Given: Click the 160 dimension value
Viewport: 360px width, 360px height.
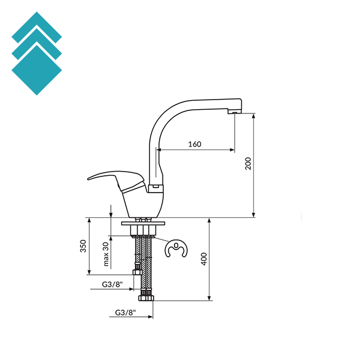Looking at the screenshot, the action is click(x=194, y=144).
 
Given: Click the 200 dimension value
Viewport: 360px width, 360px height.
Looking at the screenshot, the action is click(x=248, y=163).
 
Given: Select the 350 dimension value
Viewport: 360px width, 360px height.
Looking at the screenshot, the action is click(x=83, y=246).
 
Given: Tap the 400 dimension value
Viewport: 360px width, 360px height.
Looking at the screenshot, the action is click(x=204, y=259).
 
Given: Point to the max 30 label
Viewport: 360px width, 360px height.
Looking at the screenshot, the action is click(x=106, y=254).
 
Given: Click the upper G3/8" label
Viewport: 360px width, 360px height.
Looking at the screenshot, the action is click(x=112, y=284).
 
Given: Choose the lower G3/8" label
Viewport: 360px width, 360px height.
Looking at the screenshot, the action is click(x=125, y=313).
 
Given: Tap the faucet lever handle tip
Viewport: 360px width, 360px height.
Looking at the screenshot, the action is click(x=88, y=179).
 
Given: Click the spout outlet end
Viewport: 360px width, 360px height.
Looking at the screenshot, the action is click(x=235, y=112).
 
